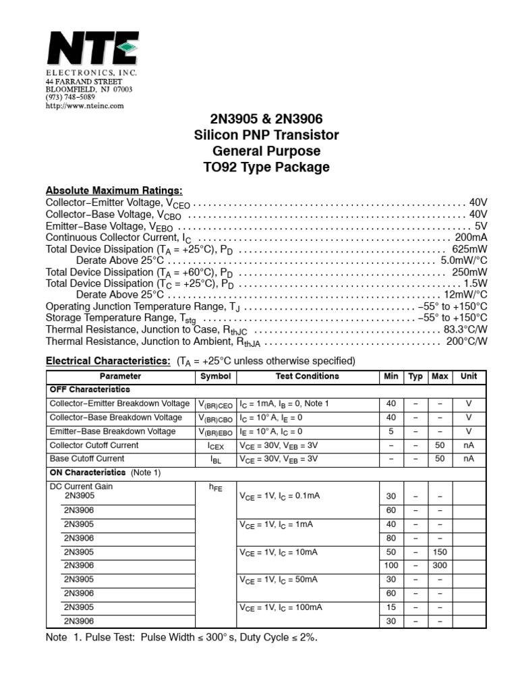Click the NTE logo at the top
pos(92,48)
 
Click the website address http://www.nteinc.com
pos(84,106)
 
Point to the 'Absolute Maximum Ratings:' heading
pos(114,190)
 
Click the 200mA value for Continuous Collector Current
pos(471,238)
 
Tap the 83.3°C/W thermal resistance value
pos(465,330)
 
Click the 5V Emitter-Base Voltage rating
pos(480,227)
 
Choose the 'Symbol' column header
pos(215,377)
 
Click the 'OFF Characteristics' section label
pos(90,390)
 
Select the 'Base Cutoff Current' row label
pos(87,459)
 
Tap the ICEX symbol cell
pos(215,446)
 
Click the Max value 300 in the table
pos(440,565)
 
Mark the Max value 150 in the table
pos(440,552)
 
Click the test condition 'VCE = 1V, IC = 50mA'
pos(280,580)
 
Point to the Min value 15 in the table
pos(391,607)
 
